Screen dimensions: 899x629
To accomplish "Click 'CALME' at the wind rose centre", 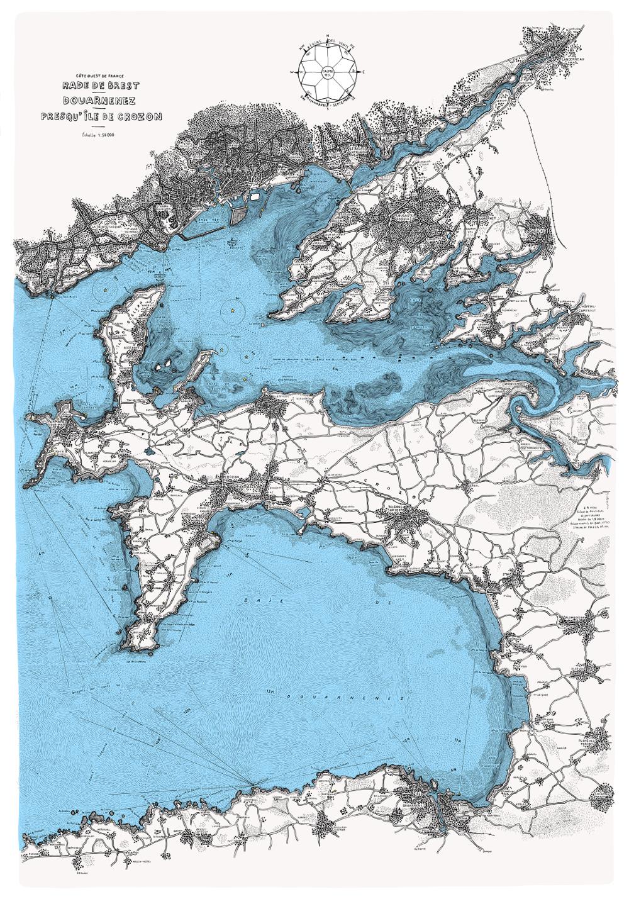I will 328,72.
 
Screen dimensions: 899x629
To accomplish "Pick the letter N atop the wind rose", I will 328,41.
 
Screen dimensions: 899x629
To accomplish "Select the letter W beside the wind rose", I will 292,72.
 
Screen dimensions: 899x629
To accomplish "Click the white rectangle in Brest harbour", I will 255,196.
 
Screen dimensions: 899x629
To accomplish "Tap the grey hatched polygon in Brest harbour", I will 241,216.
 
